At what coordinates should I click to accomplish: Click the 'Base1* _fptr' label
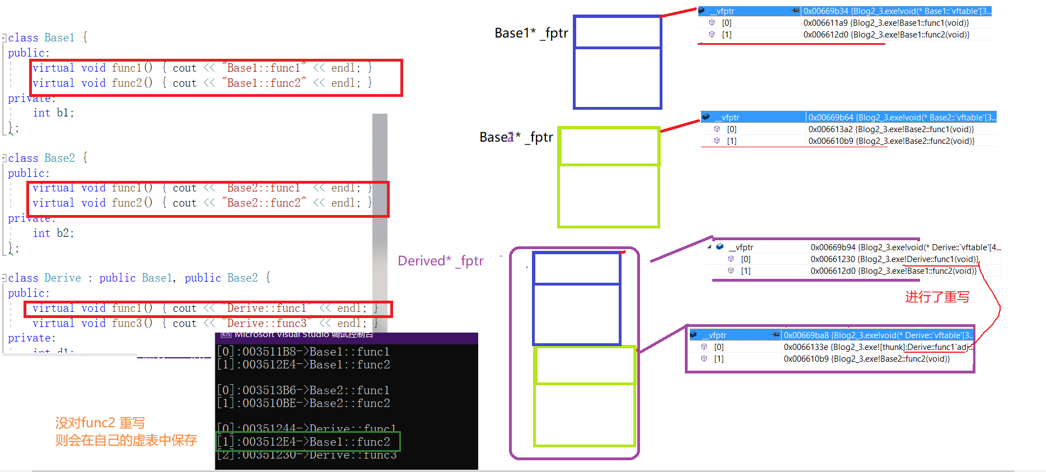[x=531, y=33]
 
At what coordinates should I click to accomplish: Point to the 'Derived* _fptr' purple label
[x=440, y=261]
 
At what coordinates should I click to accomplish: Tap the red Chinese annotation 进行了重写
[x=937, y=297]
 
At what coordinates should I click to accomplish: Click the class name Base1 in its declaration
[x=59, y=38]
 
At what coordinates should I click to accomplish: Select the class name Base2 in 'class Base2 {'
[x=59, y=158]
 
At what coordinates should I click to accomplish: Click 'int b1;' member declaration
[x=53, y=113]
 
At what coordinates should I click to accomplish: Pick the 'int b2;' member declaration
[x=53, y=233]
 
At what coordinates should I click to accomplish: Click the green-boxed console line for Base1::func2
[x=308, y=442]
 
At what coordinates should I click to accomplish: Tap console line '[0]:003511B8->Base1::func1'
[x=303, y=352]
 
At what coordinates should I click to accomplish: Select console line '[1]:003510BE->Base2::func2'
[x=303, y=403]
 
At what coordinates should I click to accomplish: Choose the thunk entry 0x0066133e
[x=806, y=347]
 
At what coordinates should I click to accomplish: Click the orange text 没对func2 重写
[x=100, y=423]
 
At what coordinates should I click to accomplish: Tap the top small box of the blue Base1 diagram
[x=618, y=32]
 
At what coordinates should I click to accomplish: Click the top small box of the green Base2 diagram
[x=609, y=147]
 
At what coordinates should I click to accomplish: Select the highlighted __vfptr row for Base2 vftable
[x=848, y=118]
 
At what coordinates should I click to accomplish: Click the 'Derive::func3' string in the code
[x=267, y=324]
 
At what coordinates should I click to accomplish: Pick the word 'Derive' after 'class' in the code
[x=63, y=278]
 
